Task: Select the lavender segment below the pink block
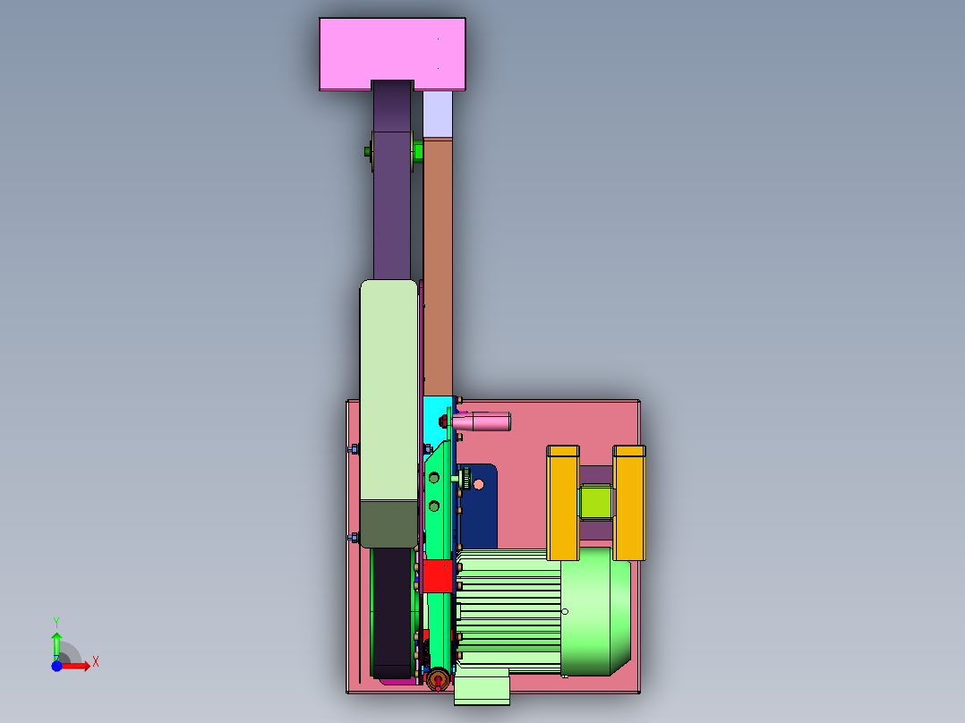point(438,115)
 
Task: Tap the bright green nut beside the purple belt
point(419,151)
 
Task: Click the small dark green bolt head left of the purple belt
point(367,151)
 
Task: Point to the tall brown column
point(438,267)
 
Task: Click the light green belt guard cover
point(389,390)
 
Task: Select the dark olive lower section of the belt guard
point(389,523)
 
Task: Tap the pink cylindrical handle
point(481,421)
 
